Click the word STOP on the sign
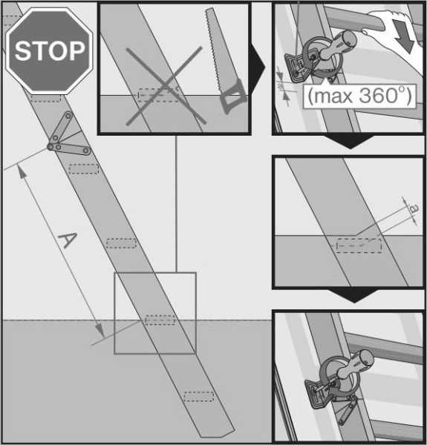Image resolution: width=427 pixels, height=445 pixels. point(50,50)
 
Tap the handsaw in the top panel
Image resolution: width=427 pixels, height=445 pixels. point(224,61)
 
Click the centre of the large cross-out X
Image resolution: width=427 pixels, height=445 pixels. point(166,85)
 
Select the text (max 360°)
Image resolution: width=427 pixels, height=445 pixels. point(359,96)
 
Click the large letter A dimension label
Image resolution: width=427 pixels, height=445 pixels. point(68,240)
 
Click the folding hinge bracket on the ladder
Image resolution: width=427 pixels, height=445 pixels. point(68,136)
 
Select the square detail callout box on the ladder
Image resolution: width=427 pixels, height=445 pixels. point(155,313)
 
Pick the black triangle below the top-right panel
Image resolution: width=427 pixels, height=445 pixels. point(351,142)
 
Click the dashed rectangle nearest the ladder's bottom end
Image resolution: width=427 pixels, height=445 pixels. point(198,397)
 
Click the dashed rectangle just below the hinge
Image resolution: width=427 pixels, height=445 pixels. point(83,169)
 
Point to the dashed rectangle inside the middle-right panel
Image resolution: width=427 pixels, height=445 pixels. point(359,245)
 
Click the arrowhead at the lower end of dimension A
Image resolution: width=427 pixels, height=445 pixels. point(100,331)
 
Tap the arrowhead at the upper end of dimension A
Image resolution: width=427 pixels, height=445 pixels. point(22,172)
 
